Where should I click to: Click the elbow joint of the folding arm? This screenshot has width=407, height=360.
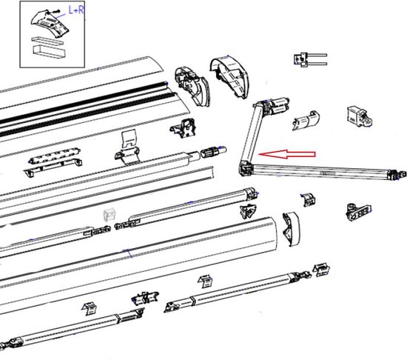[x=246, y=169]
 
